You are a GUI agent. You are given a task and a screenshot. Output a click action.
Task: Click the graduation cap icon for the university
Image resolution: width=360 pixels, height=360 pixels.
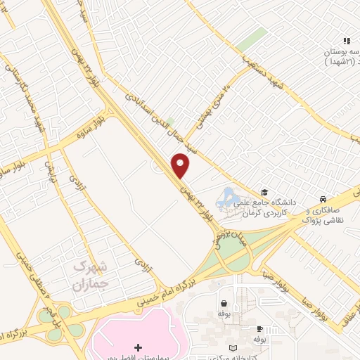[264, 193]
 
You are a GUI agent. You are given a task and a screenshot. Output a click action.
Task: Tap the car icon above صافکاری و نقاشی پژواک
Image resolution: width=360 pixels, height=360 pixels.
[322, 200]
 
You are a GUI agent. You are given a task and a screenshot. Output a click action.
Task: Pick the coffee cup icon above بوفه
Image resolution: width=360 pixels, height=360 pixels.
[259, 328]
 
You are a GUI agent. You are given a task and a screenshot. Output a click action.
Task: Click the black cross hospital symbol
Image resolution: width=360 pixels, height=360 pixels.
[138, 347]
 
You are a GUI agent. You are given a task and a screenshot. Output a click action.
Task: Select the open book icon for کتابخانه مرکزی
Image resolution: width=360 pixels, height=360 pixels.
[234, 349]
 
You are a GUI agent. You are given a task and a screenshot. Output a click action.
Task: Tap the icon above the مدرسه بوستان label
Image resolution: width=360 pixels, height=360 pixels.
[346, 41]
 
